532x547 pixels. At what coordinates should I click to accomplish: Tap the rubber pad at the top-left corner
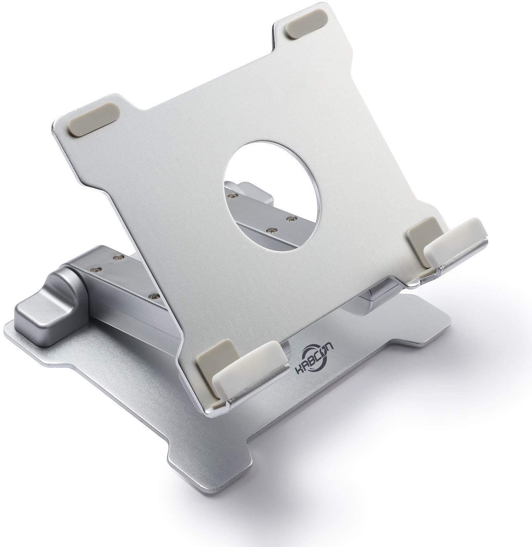tap(93, 123)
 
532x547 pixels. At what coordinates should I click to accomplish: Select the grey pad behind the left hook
tap(214, 356)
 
